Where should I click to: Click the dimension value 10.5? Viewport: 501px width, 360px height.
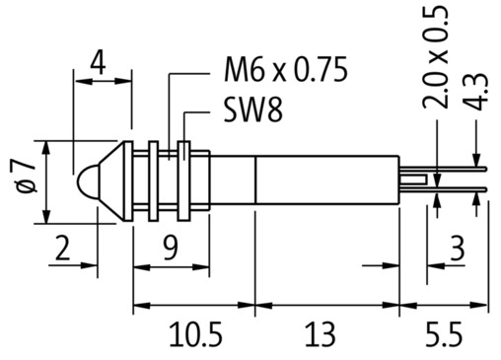(196, 335)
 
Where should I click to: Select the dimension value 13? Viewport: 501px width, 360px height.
(321, 335)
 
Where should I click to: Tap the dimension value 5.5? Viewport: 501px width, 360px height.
(444, 335)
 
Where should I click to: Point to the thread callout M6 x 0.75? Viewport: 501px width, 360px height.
(285, 69)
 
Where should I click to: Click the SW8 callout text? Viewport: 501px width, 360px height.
(253, 110)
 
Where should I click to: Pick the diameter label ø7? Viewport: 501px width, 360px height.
(27, 178)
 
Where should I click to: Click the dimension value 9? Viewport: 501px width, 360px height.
(171, 248)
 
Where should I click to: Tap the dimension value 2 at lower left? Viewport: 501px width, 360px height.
(62, 248)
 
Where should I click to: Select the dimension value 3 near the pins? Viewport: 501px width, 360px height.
(457, 248)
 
